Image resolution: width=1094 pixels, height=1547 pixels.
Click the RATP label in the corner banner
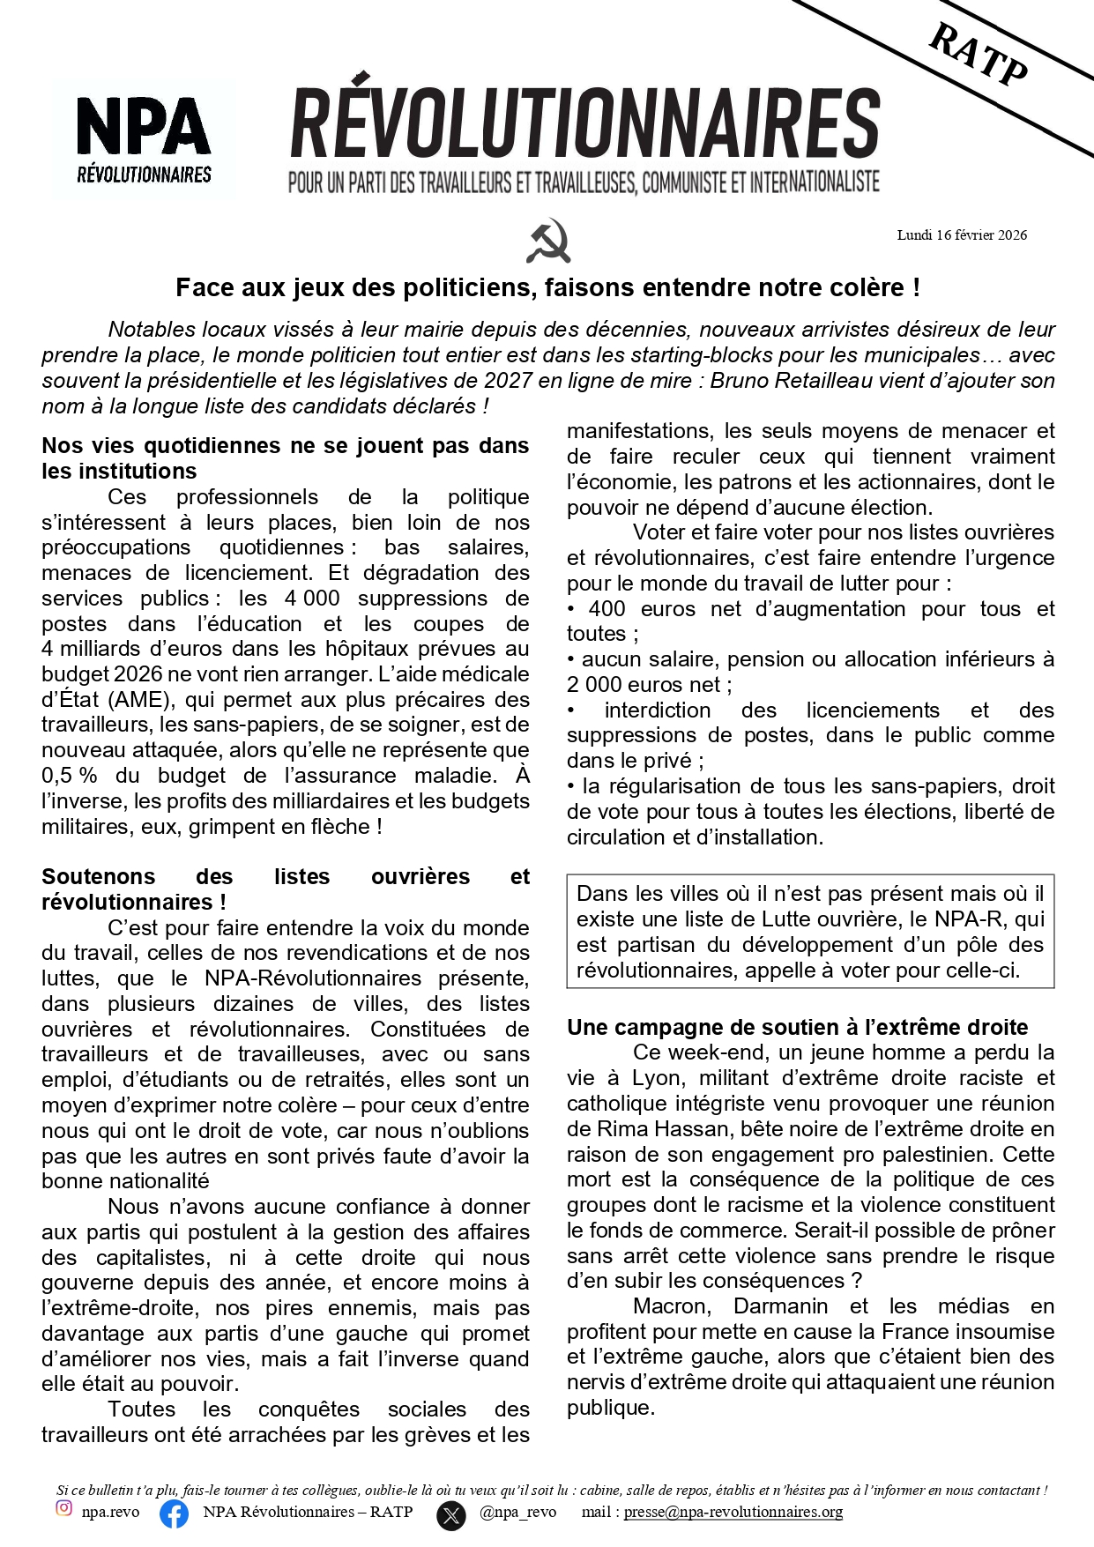[x=979, y=55]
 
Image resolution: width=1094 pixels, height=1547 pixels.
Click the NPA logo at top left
[x=144, y=138]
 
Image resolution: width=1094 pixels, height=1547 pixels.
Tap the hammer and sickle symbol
[x=548, y=241]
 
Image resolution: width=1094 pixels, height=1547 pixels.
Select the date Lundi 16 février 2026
[x=962, y=235]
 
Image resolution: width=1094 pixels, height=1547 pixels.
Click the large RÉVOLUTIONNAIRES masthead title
[x=584, y=123]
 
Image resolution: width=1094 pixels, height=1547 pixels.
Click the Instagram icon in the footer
[x=64, y=1508]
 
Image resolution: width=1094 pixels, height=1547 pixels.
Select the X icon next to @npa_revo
[x=451, y=1514]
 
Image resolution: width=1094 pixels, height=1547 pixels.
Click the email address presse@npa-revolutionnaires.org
[x=733, y=1513]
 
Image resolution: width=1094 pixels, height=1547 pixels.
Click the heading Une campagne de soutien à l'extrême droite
[x=797, y=1027]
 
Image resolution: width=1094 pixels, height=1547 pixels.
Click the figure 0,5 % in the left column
[x=69, y=776]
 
